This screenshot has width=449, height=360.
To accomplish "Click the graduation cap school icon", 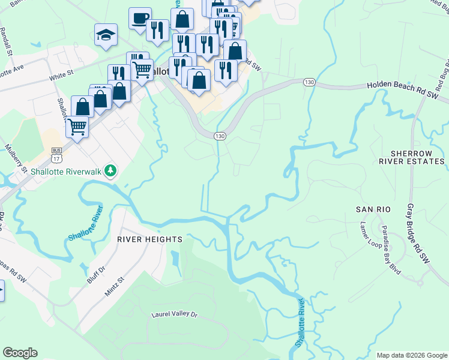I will pos(106,34).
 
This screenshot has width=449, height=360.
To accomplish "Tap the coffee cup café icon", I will pos(140,18).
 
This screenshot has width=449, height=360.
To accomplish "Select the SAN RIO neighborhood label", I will pos(373,209).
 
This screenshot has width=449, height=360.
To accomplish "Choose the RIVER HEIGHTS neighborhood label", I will pos(149,239).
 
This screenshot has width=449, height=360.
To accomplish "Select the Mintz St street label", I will pos(116,283).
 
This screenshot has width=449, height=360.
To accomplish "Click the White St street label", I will pos(61,76).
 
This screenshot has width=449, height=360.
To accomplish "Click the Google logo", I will pos(20,353).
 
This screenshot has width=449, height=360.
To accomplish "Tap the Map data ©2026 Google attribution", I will pos(411,355).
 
